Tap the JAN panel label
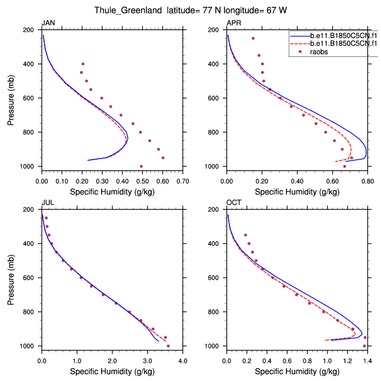point(48,23)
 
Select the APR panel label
point(233,23)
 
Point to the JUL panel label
point(47,203)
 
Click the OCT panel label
point(233,203)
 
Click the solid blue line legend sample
point(299,35)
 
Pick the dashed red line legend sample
point(299,43)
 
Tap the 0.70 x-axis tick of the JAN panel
point(183,175)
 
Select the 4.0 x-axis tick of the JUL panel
point(183,355)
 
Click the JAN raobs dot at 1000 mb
point(141,166)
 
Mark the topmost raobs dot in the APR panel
point(253,38)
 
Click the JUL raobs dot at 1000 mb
point(168,346)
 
